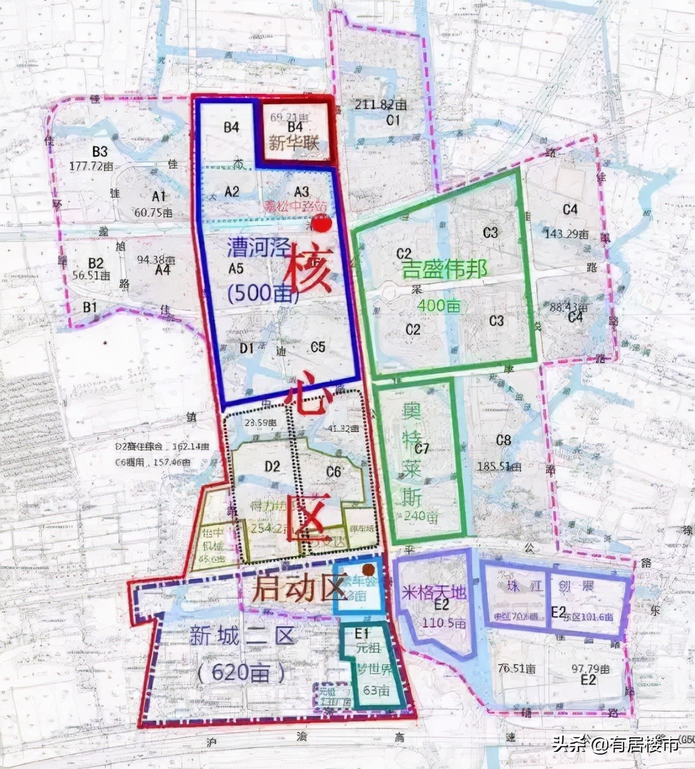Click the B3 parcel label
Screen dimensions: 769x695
click(x=99, y=152)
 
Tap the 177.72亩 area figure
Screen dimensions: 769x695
click(x=91, y=166)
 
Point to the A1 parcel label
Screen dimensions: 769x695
click(x=159, y=196)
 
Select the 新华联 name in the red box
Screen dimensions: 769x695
click(x=294, y=143)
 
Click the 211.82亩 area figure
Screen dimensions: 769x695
click(x=380, y=105)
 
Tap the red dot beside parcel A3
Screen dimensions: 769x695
click(x=322, y=224)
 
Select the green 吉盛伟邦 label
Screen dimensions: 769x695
click(x=444, y=269)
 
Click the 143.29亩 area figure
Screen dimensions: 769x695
click(x=567, y=234)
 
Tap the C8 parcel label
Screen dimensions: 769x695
click(x=503, y=441)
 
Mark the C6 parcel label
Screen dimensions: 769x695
click(x=333, y=472)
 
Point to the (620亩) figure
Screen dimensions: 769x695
click(x=241, y=673)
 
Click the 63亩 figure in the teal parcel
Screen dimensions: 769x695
click(x=376, y=691)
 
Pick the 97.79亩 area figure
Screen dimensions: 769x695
click(x=591, y=669)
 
